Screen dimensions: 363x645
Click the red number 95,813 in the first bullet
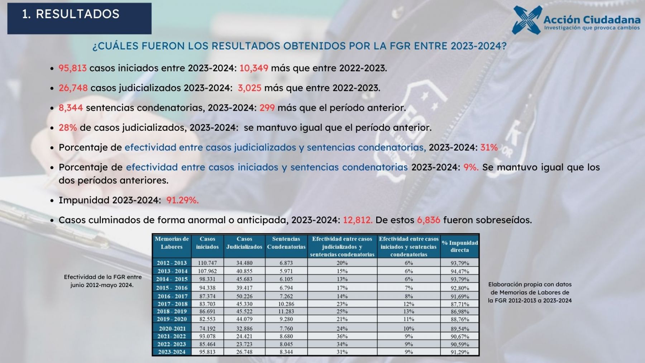pos(72,68)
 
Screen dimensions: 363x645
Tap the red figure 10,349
pos(254,68)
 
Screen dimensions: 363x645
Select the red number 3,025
pos(249,88)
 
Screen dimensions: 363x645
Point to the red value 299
pos(267,108)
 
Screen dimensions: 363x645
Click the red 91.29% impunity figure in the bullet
pos(182,200)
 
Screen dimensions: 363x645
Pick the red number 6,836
pos(429,220)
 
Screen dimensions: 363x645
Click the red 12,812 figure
pos(358,220)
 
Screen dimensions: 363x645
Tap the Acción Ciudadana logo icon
pos(526,20)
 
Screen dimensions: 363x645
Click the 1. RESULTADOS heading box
pos(79,18)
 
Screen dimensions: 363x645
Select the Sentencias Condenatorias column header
pos(286,243)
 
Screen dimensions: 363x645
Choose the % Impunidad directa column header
pos(460,247)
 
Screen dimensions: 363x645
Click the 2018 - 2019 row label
pos(172,311)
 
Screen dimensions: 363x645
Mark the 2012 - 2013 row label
pos(172,263)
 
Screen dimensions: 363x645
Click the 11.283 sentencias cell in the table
pos(286,311)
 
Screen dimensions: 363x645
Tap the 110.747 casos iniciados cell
pos(207,263)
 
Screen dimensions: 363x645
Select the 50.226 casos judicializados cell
pos(244,296)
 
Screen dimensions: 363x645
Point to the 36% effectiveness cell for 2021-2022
pos(342,336)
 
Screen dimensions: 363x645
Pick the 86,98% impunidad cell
pos(460,312)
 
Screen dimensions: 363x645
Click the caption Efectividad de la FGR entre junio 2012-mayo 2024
pos(102,281)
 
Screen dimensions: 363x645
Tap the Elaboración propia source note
pos(530,292)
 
